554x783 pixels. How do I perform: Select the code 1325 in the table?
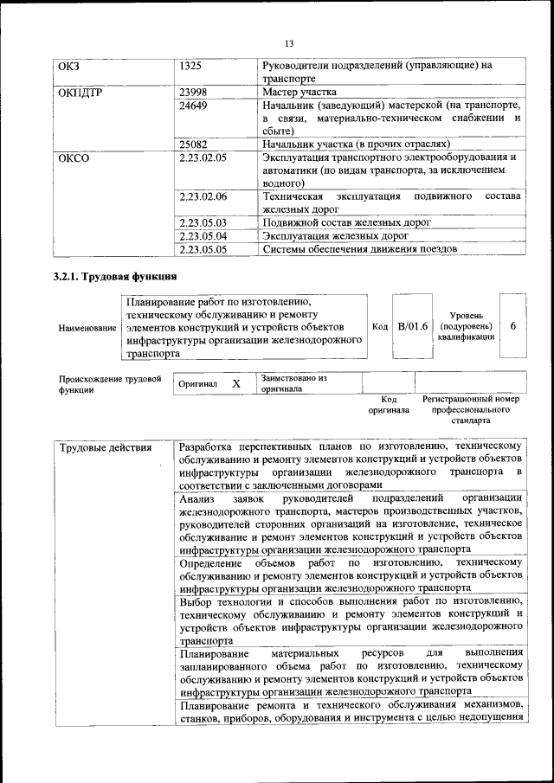pyautogui.click(x=191, y=66)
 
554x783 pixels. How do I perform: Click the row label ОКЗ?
pyautogui.click(x=68, y=66)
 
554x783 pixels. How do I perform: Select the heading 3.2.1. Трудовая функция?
pyautogui.click(x=116, y=278)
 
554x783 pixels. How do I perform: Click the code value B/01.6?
pyautogui.click(x=413, y=326)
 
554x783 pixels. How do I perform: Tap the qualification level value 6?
pyautogui.click(x=513, y=326)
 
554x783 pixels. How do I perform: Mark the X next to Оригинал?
pyautogui.click(x=235, y=383)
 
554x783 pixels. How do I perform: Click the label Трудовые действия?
pyautogui.click(x=105, y=447)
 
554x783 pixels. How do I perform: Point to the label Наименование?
pyautogui.click(x=87, y=328)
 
